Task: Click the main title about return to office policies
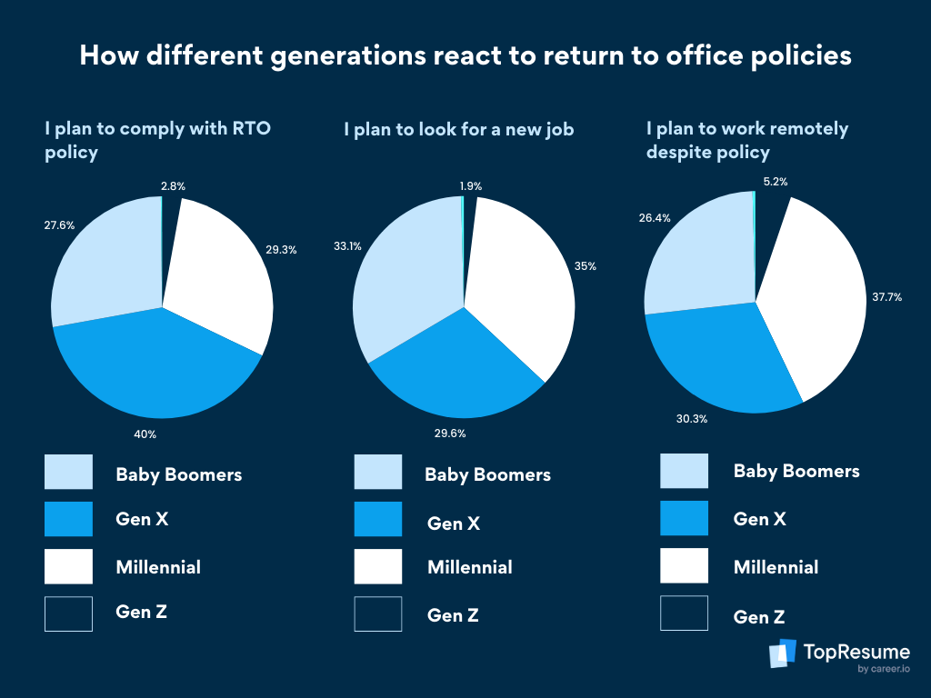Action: (x=465, y=56)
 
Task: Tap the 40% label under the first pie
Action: (x=145, y=434)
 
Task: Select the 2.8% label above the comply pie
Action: (x=173, y=186)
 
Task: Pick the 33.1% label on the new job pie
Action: (x=350, y=244)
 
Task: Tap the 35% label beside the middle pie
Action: (x=585, y=266)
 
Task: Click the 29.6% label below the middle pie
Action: (x=449, y=434)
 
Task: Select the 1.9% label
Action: (x=471, y=186)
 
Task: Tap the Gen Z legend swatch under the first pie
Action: (x=68, y=613)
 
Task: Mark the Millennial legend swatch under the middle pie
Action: (x=377, y=567)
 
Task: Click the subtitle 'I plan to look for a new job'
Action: (x=458, y=130)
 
